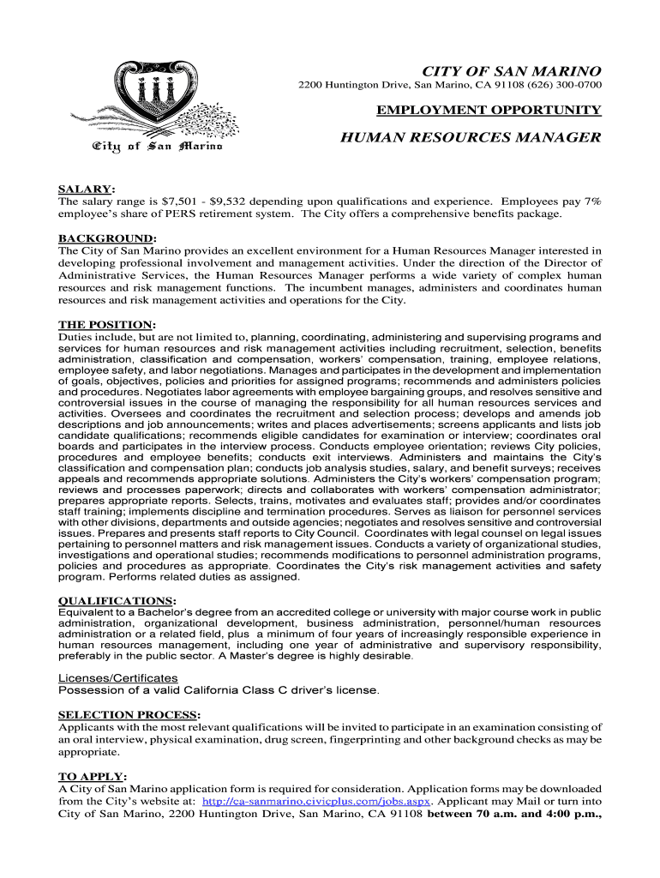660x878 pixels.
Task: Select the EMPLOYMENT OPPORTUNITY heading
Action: click(x=489, y=109)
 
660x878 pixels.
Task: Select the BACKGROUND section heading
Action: click(x=105, y=238)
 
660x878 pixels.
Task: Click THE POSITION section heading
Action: click(x=105, y=325)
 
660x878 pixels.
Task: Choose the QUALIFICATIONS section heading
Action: click(x=116, y=601)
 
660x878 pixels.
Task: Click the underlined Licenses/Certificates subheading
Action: click(x=117, y=678)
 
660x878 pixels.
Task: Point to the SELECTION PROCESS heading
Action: click(x=128, y=714)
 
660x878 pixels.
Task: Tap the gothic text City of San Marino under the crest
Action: click(x=157, y=147)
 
